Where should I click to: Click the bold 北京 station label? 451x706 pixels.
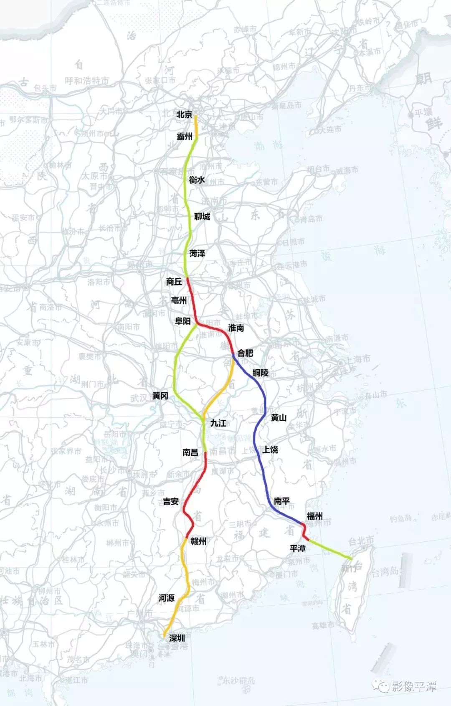(184, 114)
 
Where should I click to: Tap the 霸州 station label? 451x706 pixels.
(185, 136)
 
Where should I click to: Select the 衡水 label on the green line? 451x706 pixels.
(197, 180)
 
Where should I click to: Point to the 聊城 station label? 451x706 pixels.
(202, 216)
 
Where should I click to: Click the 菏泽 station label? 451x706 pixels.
(197, 253)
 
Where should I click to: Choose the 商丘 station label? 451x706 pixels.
(174, 282)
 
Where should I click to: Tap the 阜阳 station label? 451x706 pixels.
(182, 321)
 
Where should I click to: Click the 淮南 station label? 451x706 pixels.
(236, 328)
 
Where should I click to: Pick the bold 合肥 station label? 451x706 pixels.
(245, 353)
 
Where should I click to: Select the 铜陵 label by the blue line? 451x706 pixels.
(260, 373)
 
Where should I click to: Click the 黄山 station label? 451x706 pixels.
(279, 417)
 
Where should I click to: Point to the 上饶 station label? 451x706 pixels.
(270, 450)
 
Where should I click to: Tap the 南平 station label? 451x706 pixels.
(282, 501)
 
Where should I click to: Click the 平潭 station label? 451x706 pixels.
(298, 548)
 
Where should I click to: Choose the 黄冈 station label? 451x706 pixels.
(160, 396)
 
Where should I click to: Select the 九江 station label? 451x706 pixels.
(218, 423)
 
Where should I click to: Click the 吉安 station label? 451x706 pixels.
(171, 501)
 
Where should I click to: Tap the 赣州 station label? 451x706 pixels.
(198, 541)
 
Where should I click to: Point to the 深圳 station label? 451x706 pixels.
(177, 638)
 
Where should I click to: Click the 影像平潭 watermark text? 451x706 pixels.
(413, 686)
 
